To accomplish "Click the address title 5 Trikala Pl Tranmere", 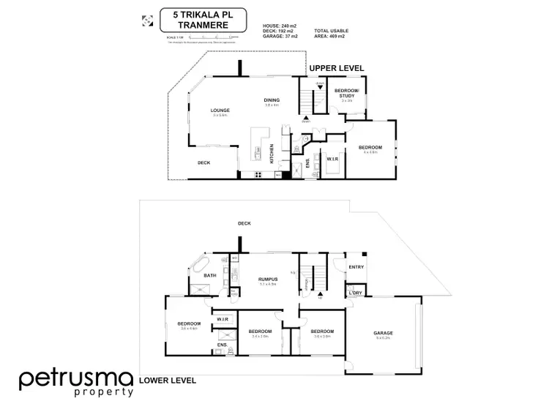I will tap(201, 20).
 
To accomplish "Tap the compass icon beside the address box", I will tap(146, 20).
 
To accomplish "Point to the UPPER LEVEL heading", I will tap(336, 68).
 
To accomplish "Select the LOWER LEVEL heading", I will tap(166, 381).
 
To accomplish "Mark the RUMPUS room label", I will tap(266, 279).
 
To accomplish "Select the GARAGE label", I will tap(384, 334).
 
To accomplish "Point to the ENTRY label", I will tap(356, 267).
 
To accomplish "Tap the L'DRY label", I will tap(356, 293).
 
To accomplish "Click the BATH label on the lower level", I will tap(209, 275).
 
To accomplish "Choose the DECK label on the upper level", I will tap(204, 162).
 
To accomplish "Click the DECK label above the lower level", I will tap(244, 222).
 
